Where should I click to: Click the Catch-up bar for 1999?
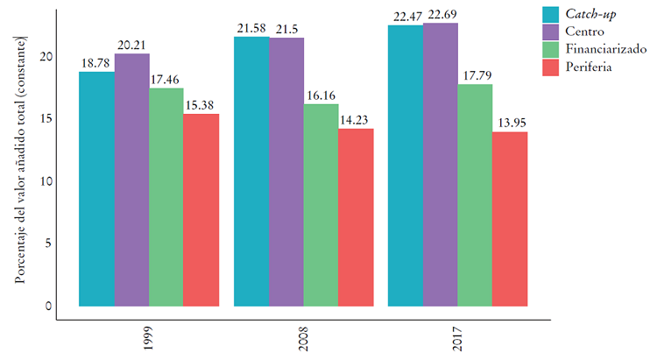click(96, 188)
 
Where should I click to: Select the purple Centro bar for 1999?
click(131, 180)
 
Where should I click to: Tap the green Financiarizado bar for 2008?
click(321, 205)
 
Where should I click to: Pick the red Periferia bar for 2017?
click(510, 219)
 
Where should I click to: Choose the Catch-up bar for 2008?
click(251, 171)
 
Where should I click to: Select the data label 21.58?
click(251, 29)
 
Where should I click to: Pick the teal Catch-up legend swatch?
click(551, 13)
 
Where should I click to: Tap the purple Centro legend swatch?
click(551, 31)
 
